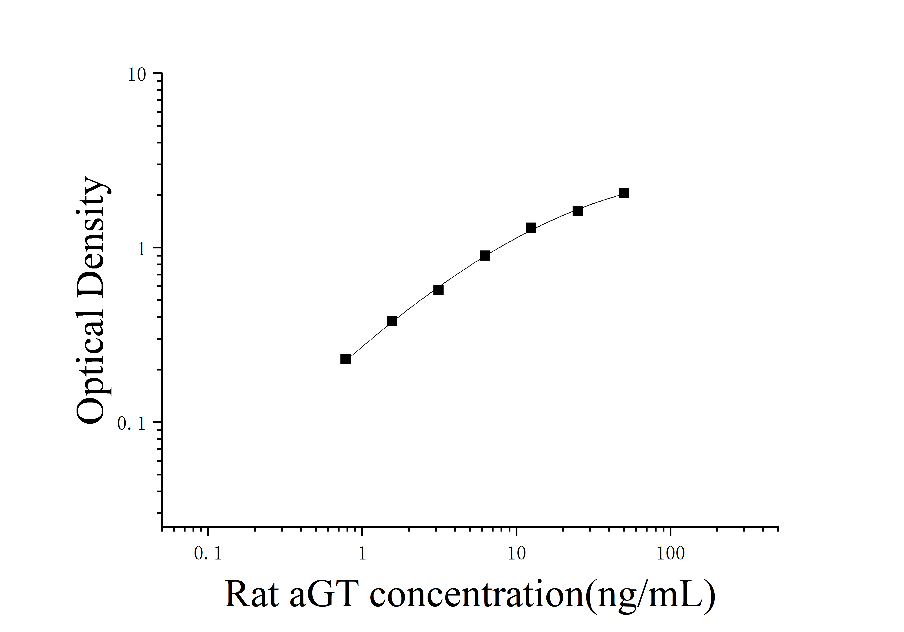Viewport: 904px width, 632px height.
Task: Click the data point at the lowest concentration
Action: pos(345,359)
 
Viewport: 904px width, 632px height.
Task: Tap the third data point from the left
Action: pos(438,290)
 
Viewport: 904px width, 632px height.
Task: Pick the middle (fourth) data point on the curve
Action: pos(485,256)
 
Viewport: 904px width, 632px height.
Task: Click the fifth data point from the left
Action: pos(531,228)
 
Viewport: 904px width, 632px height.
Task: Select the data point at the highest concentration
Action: pos(624,193)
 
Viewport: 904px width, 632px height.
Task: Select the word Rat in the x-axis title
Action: pos(252,595)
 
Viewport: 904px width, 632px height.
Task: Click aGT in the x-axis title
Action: pos(324,595)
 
